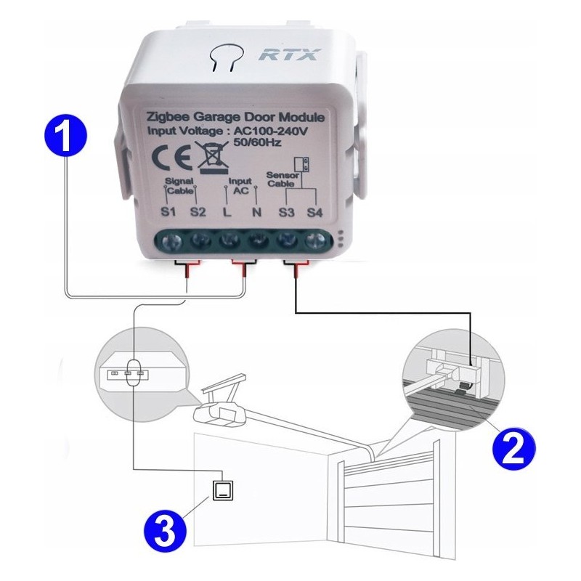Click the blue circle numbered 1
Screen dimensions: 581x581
[65, 134]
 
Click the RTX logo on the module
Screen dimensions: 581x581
[289, 54]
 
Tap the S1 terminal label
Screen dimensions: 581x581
[168, 212]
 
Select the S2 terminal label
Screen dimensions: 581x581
[198, 212]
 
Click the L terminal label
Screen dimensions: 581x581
[227, 212]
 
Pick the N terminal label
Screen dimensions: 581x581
[256, 212]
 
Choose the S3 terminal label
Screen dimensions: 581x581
[286, 212]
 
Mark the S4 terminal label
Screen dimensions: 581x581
[314, 212]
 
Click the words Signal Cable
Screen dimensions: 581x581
[179, 186]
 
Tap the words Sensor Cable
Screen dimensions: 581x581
[282, 179]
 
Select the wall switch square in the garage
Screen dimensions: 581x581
[224, 491]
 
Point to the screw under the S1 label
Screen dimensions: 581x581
[171, 242]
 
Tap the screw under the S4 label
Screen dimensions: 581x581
[315, 242]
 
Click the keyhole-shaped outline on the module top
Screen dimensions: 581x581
[224, 56]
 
